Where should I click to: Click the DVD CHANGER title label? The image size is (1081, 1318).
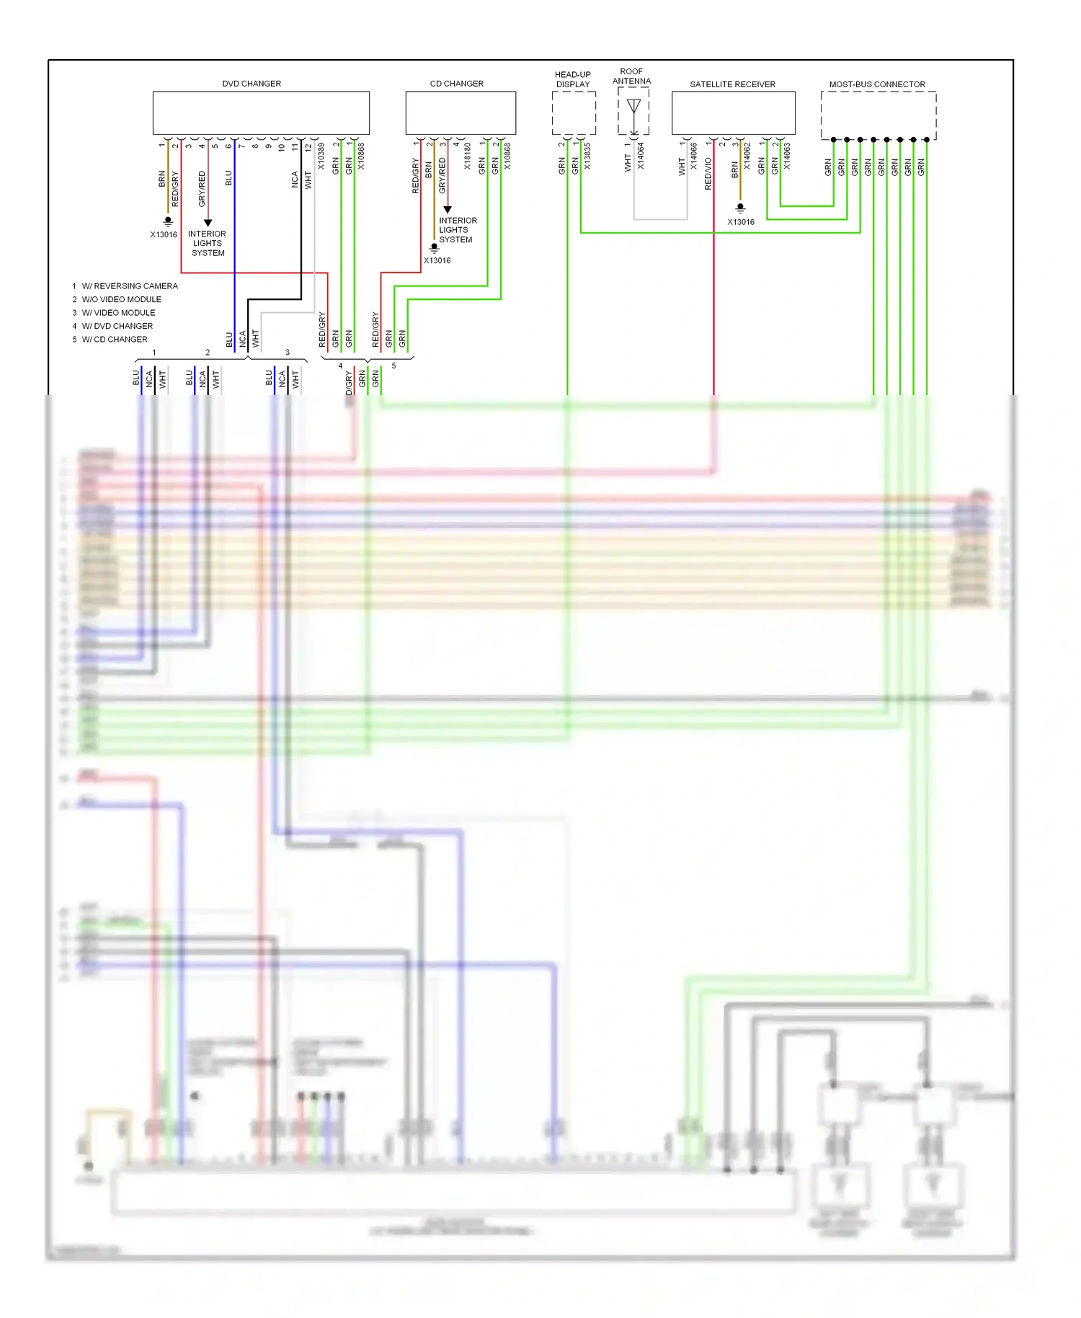(x=252, y=84)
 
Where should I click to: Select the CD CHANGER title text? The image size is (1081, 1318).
(x=456, y=84)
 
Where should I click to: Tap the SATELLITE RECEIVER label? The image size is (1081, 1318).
(x=732, y=84)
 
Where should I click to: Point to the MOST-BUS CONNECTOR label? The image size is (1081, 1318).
(x=877, y=84)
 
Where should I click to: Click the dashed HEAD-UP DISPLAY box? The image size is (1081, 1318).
(x=574, y=113)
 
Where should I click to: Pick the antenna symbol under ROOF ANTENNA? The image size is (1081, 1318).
(x=633, y=107)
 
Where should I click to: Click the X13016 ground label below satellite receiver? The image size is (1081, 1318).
(x=741, y=222)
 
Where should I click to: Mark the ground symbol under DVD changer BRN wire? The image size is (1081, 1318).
(x=168, y=221)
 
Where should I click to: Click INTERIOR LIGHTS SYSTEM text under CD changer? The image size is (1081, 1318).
(x=457, y=230)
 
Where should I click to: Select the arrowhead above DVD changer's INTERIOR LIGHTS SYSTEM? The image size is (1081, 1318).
(x=208, y=223)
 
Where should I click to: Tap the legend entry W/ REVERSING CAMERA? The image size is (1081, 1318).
(x=129, y=286)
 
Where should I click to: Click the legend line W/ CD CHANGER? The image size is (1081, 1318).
(x=114, y=340)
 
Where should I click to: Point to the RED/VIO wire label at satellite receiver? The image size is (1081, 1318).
(x=708, y=174)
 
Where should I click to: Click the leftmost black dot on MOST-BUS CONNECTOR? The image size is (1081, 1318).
(x=834, y=140)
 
